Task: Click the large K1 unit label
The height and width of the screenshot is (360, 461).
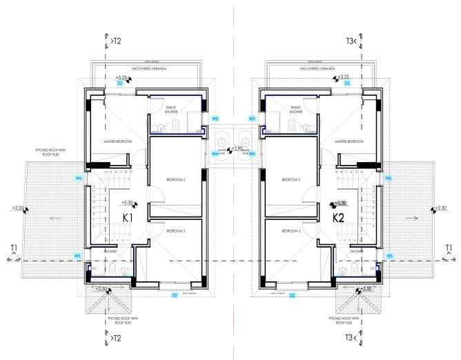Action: click(128, 217)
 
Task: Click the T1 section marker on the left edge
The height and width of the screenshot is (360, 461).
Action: click(14, 248)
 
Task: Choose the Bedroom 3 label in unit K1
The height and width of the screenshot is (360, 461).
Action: click(176, 232)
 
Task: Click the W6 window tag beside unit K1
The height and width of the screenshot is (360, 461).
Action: click(79, 178)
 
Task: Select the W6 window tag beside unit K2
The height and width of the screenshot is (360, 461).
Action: click(389, 178)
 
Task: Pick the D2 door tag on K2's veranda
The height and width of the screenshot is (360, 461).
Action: click(347, 83)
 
